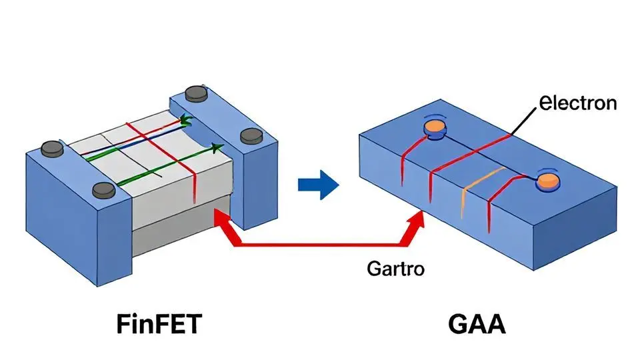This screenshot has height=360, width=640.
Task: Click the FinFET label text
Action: [159, 325]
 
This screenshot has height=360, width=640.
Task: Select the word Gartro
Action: [395, 269]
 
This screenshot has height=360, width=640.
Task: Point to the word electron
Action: [577, 103]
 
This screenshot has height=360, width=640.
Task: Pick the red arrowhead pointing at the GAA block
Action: [419, 220]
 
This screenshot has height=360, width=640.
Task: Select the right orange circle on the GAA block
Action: [549, 180]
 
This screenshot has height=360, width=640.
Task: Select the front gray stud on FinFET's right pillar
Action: [251, 137]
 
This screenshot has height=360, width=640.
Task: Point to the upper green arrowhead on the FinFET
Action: [186, 121]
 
